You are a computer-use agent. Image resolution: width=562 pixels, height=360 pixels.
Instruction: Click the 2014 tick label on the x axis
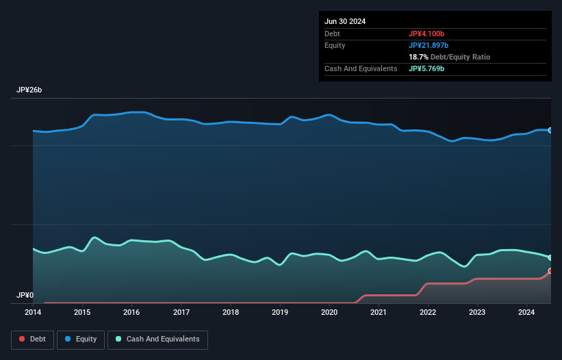coord(33,313)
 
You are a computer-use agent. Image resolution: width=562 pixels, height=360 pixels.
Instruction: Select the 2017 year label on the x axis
coord(181,313)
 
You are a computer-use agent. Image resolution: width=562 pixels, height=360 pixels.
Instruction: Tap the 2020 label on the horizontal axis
coord(329,313)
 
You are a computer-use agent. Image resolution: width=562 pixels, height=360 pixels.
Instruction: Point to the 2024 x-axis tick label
coord(527,313)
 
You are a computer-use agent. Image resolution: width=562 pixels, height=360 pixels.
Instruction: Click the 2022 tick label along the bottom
coord(428,313)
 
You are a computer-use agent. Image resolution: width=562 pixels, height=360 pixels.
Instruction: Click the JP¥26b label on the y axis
coord(30,90)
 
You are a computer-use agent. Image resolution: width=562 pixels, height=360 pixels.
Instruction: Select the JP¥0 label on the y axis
coord(25,295)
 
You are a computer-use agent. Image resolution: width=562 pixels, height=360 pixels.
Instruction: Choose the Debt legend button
coord(32,339)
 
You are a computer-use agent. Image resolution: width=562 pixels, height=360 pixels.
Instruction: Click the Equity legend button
coord(81,339)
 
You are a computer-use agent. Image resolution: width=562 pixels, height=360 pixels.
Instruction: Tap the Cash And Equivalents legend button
coord(157,339)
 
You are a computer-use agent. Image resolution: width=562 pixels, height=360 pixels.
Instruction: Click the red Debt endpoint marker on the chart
coord(550,271)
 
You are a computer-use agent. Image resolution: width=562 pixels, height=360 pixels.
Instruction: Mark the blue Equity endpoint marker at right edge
coord(550,130)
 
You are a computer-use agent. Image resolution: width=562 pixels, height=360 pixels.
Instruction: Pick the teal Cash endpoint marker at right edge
coord(550,257)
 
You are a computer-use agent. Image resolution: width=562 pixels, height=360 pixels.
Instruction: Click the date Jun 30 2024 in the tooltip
coord(345,21)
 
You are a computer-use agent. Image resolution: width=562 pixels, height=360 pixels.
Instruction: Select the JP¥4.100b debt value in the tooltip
coord(428,34)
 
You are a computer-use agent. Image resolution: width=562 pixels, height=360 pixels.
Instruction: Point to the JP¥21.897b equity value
coord(431,45)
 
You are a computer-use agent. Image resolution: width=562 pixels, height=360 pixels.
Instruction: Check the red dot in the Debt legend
coord(23,339)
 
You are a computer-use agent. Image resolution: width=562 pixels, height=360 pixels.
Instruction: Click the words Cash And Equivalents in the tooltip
coord(361,69)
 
